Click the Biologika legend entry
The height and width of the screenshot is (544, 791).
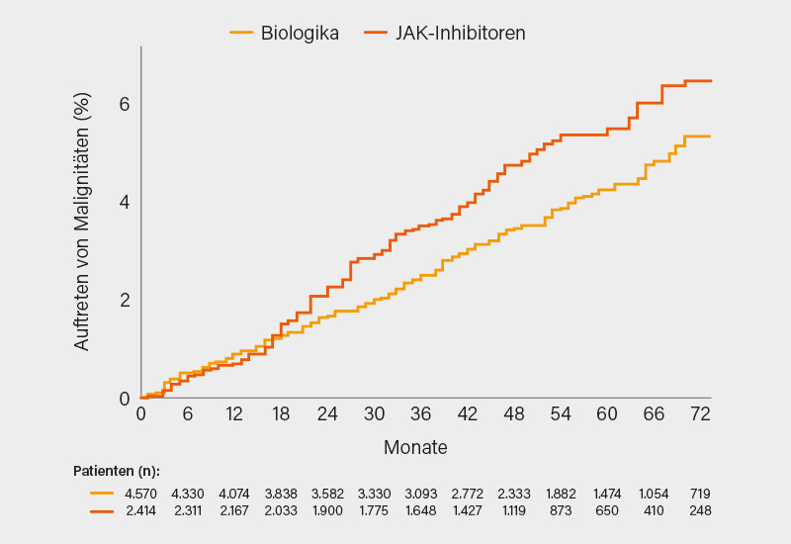point(300,33)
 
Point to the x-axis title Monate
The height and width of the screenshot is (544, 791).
point(415,447)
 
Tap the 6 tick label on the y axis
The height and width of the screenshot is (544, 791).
point(125,104)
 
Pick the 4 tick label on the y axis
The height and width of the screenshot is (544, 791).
point(125,202)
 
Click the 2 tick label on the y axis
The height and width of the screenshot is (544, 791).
point(125,300)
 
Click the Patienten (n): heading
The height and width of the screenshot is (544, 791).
point(117,470)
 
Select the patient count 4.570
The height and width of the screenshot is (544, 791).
point(140,494)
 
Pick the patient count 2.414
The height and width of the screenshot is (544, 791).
point(140,510)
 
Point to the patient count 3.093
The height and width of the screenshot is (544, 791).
point(420,494)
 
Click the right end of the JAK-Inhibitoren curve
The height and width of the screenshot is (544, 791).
point(711,81)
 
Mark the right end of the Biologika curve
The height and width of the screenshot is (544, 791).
point(711,136)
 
